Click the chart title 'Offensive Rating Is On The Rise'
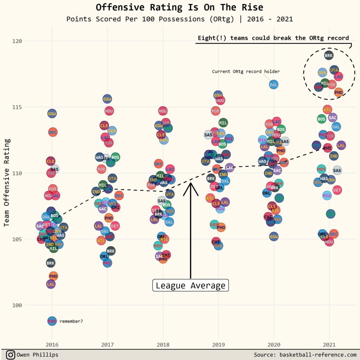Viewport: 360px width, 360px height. coord(179,7)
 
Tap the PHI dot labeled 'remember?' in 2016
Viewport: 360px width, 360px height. coord(52,321)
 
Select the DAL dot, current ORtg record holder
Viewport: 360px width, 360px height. coord(274,84)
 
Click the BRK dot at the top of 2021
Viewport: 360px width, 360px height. coord(329,55)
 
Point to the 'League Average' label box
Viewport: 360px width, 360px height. coord(191,285)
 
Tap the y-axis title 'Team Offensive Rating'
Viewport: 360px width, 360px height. coord(7,182)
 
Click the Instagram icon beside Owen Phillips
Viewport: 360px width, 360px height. coord(11,355)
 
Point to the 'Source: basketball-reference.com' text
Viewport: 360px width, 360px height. coord(305,355)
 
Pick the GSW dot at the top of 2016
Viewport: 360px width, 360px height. coord(52,114)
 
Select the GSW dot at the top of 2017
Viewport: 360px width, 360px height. coord(107,99)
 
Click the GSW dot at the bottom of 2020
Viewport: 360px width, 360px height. coord(274,237)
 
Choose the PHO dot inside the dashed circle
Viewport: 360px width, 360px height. coord(339,92)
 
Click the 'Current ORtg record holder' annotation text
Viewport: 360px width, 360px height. coord(246,71)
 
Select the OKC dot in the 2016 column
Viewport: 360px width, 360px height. coord(53,132)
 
